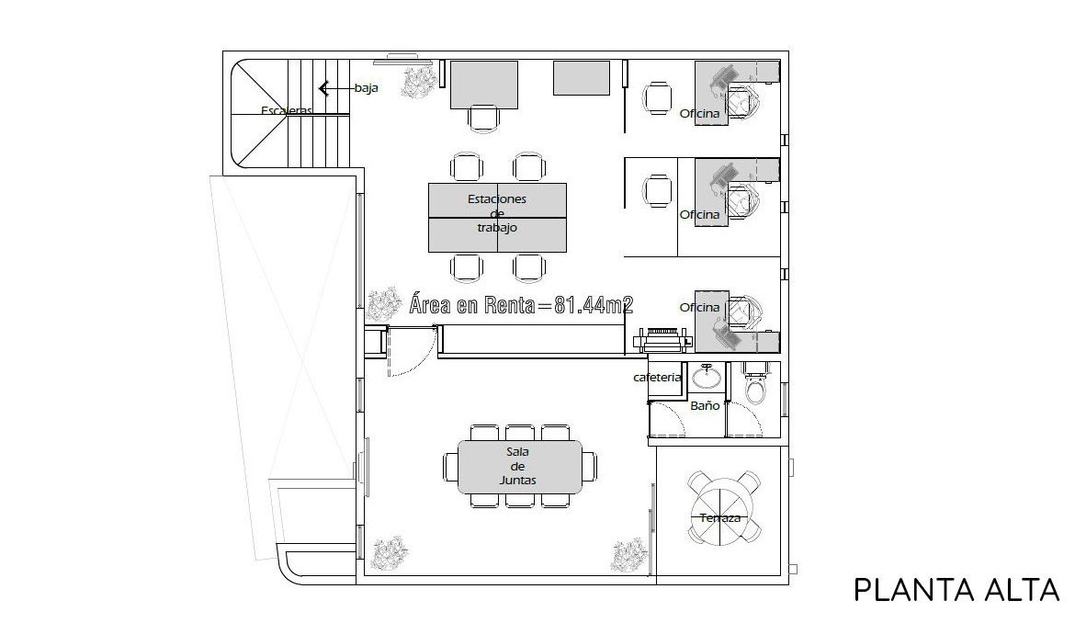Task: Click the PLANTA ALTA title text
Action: click(956, 590)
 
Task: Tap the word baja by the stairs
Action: click(366, 87)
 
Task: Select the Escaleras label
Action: click(287, 110)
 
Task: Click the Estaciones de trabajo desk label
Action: click(497, 213)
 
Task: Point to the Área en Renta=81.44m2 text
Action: click(521, 305)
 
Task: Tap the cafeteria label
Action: click(657, 377)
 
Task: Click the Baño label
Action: click(705, 406)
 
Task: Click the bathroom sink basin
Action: click(706, 376)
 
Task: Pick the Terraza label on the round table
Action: click(719, 518)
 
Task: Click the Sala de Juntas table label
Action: click(517, 466)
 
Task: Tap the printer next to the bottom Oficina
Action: click(662, 340)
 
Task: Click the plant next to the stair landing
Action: click(420, 83)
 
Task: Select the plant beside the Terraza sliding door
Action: click(628, 556)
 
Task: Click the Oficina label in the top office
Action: click(699, 114)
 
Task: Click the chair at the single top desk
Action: click(483, 118)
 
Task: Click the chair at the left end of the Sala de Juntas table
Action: click(450, 468)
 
